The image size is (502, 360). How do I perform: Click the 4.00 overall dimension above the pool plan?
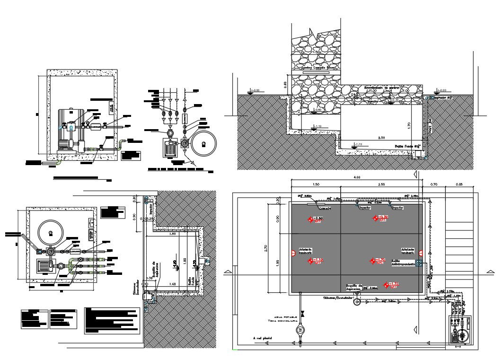pos(357,177)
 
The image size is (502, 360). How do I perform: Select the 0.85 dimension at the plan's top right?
pos(458,184)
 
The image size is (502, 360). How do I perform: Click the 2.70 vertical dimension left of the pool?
pos(265,246)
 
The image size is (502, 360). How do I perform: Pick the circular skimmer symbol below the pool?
pos(357,302)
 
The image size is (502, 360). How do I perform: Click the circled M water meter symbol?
pos(300,330)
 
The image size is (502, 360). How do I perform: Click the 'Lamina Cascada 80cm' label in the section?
pos(314,69)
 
